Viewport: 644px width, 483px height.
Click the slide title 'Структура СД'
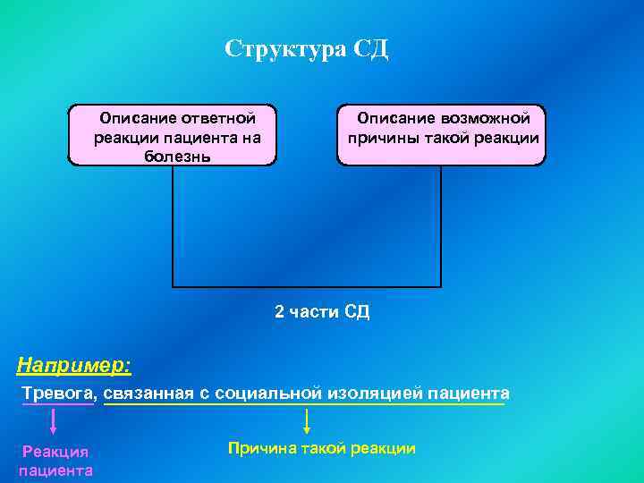[307, 48]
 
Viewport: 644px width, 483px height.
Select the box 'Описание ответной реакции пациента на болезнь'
[173, 136]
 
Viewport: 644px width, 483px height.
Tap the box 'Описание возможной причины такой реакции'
[441, 135]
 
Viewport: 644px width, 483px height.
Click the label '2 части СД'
[322, 312]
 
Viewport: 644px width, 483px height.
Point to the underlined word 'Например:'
[74, 365]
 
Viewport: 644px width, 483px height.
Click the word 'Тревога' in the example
[56, 394]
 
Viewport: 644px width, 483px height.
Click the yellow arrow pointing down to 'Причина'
[307, 421]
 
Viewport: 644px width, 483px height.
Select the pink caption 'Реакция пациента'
[55, 462]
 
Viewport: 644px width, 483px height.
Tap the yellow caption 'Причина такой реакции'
[322, 448]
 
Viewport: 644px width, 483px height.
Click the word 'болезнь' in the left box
[177, 157]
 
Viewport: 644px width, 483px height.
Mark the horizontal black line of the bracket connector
[307, 286]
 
